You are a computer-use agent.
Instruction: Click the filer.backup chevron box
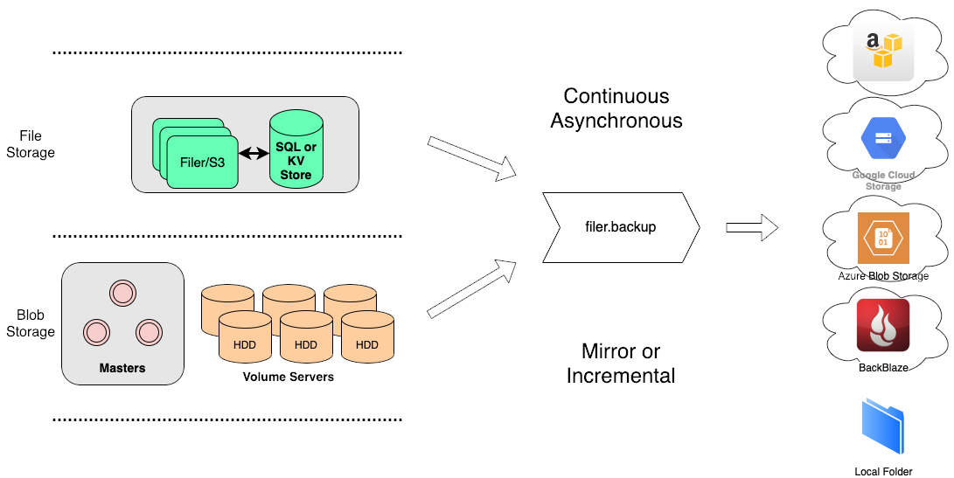[621, 227]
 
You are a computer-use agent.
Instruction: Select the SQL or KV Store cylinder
[296, 154]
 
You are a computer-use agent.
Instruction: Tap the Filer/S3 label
[203, 163]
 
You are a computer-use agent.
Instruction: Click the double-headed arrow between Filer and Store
[254, 154]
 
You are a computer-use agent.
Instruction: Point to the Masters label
[122, 368]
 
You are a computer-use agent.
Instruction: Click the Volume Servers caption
[289, 378]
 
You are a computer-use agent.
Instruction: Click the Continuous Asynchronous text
[616, 108]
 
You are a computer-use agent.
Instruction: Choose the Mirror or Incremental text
[621, 364]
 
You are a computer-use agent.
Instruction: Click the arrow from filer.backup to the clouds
[752, 228]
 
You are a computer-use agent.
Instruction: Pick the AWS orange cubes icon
[883, 51]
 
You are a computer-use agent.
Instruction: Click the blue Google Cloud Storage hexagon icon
[883, 137]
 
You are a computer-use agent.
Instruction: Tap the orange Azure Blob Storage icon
[883, 238]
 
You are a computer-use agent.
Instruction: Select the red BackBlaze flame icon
[883, 325]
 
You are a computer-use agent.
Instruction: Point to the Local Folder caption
[883, 472]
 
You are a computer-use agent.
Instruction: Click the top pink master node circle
[122, 294]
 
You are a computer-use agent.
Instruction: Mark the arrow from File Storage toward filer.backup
[472, 158]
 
